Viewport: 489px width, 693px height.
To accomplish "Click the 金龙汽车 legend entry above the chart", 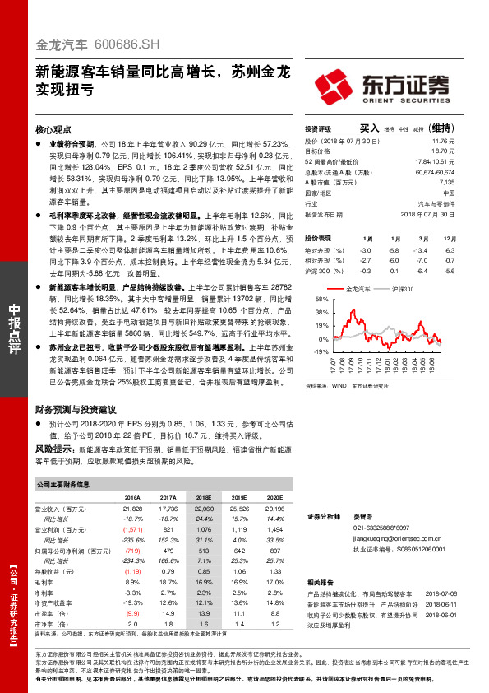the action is (x=358, y=289).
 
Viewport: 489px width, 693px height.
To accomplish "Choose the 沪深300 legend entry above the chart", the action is (x=404, y=289).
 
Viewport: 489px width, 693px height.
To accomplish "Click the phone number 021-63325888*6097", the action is (x=381, y=526).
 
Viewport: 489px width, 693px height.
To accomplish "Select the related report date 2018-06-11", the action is (x=445, y=602).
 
